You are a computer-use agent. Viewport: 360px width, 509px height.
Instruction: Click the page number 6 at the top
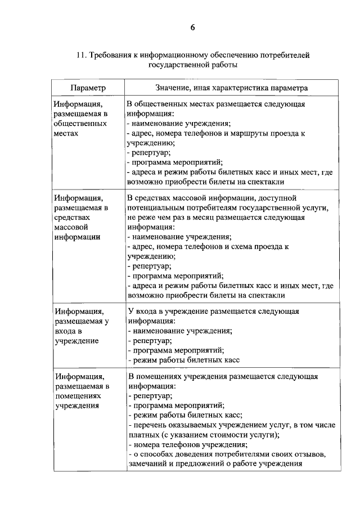click(x=192, y=28)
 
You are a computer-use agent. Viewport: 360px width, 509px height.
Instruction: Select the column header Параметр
click(x=88, y=88)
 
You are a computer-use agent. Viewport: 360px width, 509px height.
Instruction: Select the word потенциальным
click(x=157, y=209)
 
